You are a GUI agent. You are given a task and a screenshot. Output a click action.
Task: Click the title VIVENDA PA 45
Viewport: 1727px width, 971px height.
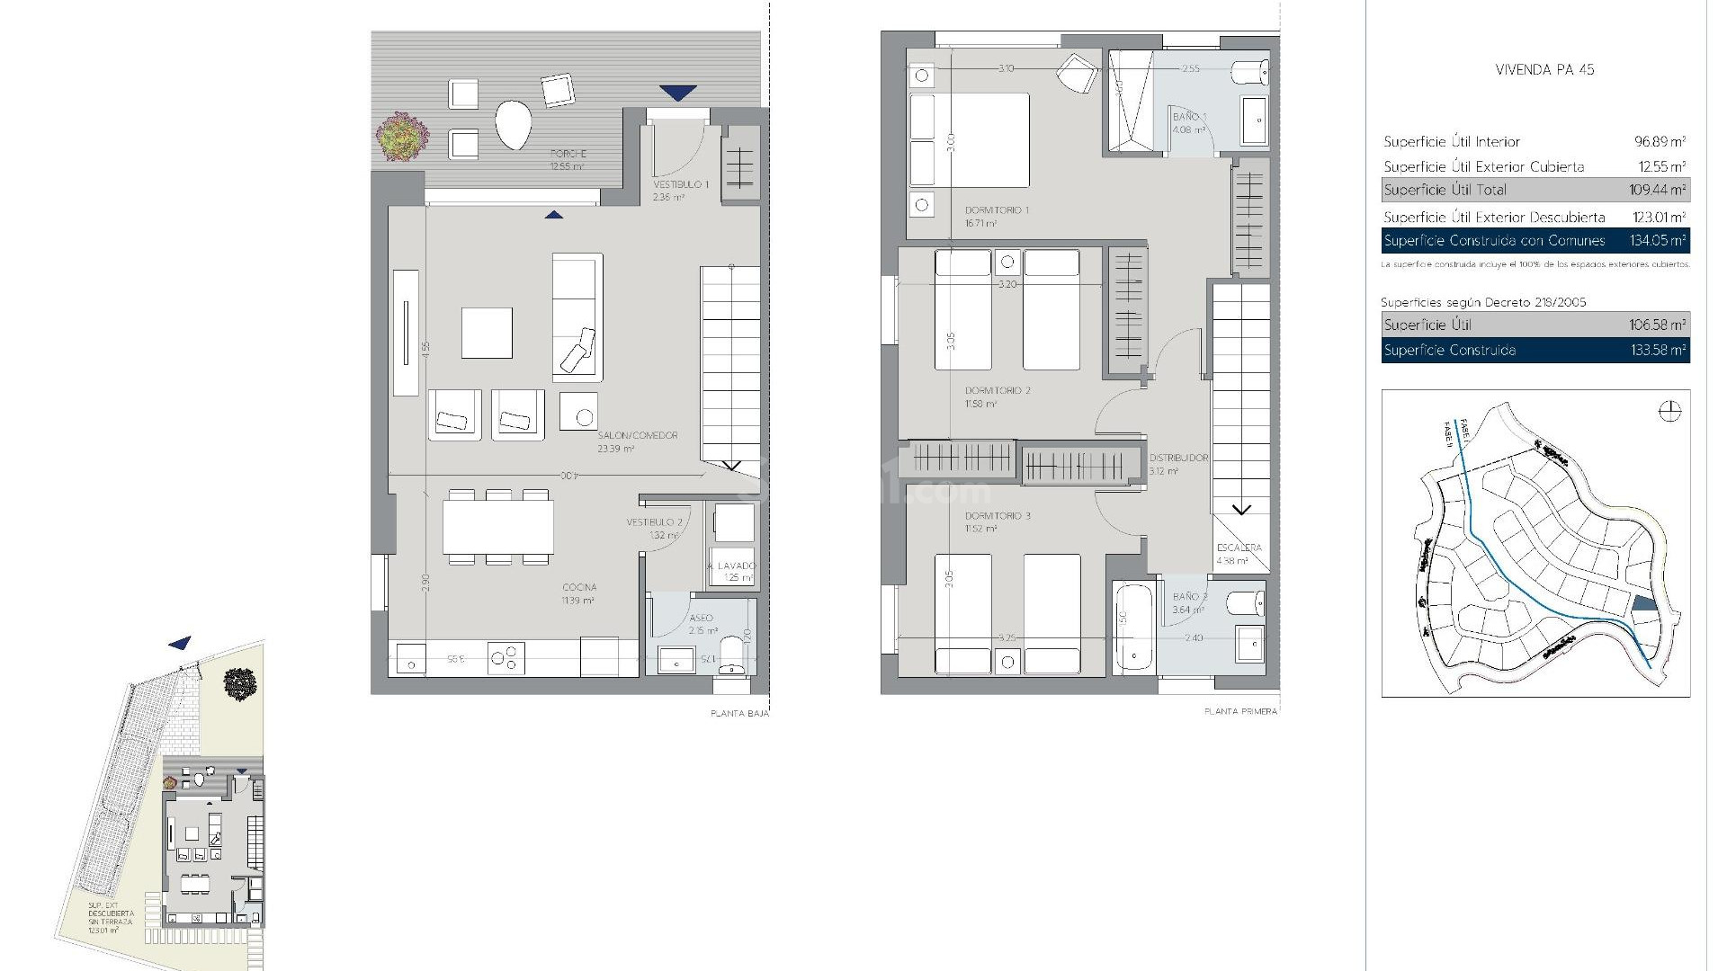coord(1544,69)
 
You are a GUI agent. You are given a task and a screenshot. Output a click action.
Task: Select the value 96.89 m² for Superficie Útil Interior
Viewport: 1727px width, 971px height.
coord(1660,141)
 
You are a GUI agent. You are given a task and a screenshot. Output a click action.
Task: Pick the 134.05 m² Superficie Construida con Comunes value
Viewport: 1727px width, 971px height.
coord(1658,240)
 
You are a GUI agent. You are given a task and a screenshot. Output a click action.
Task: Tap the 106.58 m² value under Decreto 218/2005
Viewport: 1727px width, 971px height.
coord(1658,325)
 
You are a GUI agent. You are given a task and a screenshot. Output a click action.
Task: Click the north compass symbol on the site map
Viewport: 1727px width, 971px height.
coord(1669,412)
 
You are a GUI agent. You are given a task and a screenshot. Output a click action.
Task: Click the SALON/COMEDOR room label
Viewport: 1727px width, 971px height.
coord(637,435)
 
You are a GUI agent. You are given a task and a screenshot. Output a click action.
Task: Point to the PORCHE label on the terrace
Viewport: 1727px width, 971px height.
coord(568,155)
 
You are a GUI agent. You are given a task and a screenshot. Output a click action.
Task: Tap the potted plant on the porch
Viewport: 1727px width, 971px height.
coord(401,137)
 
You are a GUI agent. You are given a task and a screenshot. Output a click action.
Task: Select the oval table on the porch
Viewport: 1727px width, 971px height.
coord(513,124)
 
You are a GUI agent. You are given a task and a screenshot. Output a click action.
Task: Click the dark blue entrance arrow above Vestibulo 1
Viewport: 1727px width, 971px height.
coord(677,92)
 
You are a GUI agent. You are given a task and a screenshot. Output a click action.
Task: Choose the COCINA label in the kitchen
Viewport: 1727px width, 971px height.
coord(579,587)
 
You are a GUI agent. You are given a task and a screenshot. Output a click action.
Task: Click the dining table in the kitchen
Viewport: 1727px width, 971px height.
coord(497,527)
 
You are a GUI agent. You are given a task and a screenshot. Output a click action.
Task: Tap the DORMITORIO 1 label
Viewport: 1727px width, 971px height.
coord(997,210)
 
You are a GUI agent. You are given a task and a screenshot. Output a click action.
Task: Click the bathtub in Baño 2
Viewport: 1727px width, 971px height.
coord(1134,628)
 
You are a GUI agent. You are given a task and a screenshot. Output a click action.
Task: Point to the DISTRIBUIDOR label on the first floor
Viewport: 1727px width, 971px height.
coord(1178,459)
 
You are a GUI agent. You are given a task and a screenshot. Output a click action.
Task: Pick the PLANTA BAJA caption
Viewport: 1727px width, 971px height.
coord(739,714)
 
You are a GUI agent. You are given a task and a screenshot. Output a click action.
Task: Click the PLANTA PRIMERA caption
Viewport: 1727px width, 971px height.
coord(1240,711)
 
